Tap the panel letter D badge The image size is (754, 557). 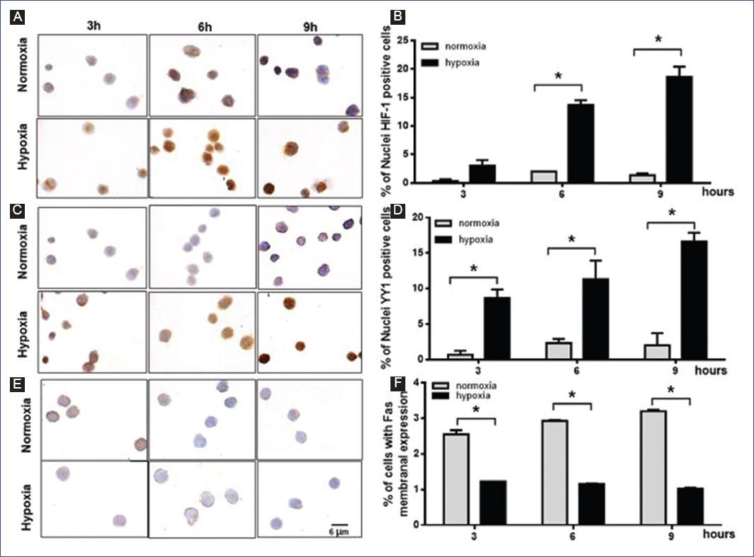click(x=398, y=209)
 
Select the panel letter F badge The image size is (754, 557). click(x=398, y=384)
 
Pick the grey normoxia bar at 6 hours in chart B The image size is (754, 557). click(x=544, y=176)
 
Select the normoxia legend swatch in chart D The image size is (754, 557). click(x=446, y=223)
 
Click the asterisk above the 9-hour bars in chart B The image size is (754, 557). click(x=657, y=40)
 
